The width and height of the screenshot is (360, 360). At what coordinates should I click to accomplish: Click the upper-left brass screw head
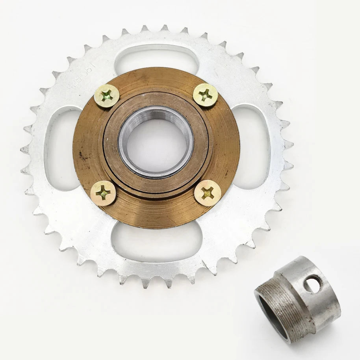pyautogui.click(x=107, y=96)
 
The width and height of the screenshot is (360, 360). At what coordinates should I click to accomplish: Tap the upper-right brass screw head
pyautogui.click(x=205, y=95)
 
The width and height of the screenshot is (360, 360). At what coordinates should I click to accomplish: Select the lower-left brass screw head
pyautogui.click(x=103, y=193)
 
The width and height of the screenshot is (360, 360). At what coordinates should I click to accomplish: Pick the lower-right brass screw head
pyautogui.click(x=208, y=193)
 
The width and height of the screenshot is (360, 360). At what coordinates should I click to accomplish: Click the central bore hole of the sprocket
pyautogui.click(x=156, y=142)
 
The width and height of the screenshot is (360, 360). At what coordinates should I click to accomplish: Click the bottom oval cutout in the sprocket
pyautogui.click(x=157, y=241)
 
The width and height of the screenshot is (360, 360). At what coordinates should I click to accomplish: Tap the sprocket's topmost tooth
pyautogui.click(x=163, y=28)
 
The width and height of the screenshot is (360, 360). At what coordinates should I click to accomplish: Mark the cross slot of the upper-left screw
pyautogui.click(x=107, y=96)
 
